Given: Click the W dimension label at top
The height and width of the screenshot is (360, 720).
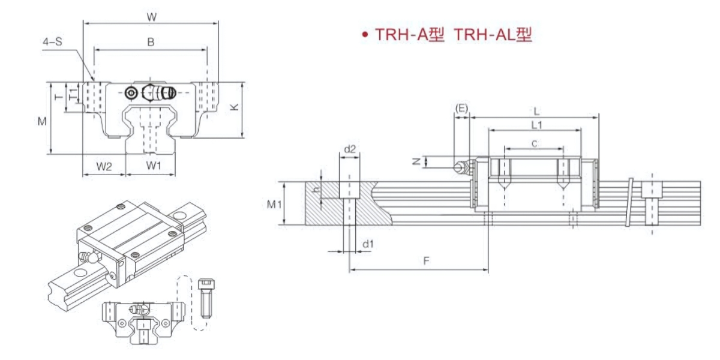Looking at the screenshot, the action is click(x=151, y=17).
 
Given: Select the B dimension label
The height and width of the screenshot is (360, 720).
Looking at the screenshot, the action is click(x=151, y=42).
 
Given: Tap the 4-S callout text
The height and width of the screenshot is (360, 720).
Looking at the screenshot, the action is click(x=52, y=41).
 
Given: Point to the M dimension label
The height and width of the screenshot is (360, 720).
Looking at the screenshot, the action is click(x=42, y=121).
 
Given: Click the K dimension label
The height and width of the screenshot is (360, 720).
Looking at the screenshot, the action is click(x=235, y=107).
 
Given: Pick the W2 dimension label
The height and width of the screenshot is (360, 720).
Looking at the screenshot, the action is click(x=104, y=167).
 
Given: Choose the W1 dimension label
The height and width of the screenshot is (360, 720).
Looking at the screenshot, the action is click(x=154, y=166).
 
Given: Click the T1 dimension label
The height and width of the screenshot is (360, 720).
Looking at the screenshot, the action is click(x=74, y=94).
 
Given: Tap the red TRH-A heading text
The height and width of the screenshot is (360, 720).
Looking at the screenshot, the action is click(x=409, y=34).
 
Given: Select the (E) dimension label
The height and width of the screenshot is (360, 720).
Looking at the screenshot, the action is click(x=461, y=109).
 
